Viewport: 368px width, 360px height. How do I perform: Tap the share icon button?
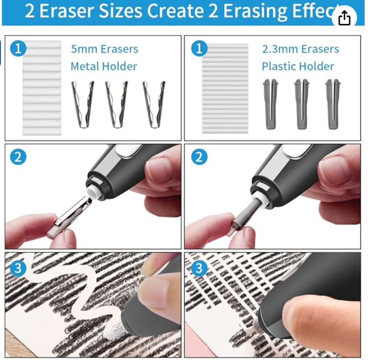coord(344,18)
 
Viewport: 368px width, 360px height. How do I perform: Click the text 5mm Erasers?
coord(105,49)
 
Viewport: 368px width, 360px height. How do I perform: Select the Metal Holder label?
coord(104,66)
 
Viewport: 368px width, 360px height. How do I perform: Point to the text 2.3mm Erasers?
coord(300,49)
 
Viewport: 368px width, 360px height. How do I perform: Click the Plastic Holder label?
coord(298,66)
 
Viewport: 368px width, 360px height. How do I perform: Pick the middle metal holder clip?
coord(116,105)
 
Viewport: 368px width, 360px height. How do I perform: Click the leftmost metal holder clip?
coord(83,105)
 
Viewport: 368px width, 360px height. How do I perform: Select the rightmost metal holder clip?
coord(154,105)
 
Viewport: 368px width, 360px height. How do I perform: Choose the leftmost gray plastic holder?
coord(271,104)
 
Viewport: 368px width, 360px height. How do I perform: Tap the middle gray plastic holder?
coord(302,104)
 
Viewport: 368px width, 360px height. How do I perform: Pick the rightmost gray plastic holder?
coord(333,104)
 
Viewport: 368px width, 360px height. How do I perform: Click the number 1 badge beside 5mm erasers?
coord(18,49)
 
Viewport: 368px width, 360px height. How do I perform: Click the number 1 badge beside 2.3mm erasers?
coord(199,49)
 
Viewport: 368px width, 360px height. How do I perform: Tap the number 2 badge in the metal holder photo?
coord(18,157)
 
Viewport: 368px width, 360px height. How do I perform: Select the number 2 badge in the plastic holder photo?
coord(199,157)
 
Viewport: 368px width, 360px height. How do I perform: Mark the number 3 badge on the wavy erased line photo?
coord(18,268)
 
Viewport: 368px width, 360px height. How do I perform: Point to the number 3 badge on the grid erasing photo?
coord(199,268)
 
